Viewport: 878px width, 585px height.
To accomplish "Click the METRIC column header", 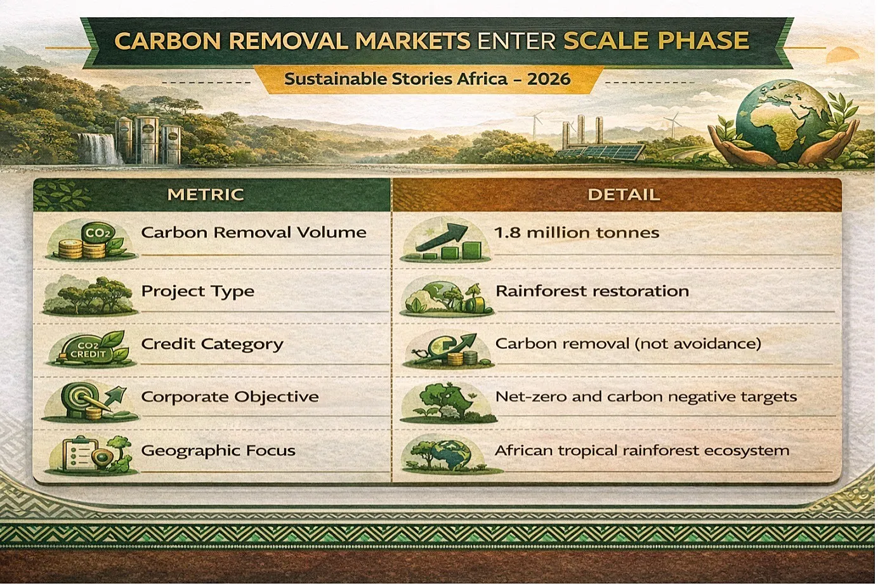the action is pos(206,195).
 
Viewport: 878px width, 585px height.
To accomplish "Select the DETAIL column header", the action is pos(624,195).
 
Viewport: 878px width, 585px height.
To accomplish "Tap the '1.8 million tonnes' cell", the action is pos(577,233).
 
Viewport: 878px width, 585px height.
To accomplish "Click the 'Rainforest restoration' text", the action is pos(593,291).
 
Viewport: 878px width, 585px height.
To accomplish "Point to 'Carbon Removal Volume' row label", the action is pos(254,232).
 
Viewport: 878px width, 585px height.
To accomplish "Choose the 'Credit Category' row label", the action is pos(212,345).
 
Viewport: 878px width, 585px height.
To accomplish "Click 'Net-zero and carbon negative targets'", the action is pos(646,397).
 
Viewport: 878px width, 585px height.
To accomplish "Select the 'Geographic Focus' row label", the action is pos(218,450).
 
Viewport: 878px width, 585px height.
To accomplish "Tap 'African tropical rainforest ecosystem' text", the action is pos(642,450).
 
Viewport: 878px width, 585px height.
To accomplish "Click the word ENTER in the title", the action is pos(516,41).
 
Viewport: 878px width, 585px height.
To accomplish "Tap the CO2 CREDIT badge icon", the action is pos(91,348).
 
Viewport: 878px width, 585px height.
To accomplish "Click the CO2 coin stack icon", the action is pos(91,240).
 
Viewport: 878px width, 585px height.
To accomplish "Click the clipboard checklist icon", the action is pos(81,454).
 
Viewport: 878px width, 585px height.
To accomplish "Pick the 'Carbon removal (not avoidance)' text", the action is pos(628,344).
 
